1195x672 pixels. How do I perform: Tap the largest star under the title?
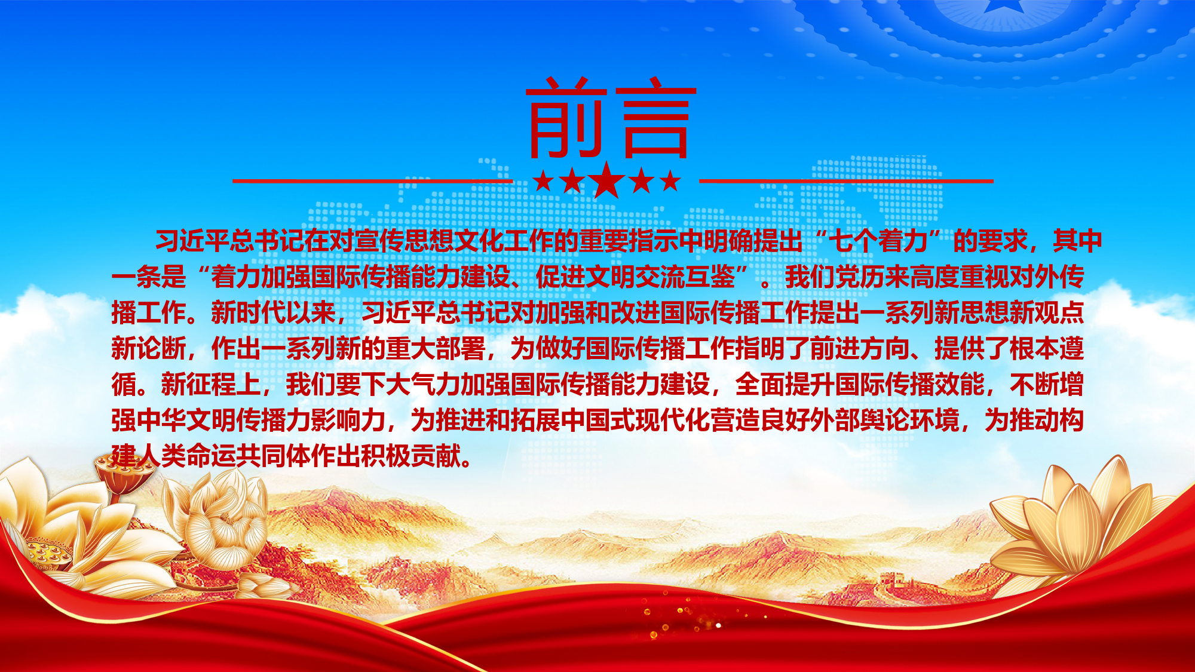click(x=606, y=180)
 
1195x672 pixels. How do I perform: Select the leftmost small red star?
click(x=543, y=180)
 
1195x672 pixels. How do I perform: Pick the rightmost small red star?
click(x=670, y=180)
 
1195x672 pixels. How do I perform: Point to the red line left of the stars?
click(x=372, y=180)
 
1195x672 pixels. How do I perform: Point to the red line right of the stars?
click(x=846, y=180)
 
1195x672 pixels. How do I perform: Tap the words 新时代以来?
click(x=274, y=312)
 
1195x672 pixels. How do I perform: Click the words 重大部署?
click(x=435, y=349)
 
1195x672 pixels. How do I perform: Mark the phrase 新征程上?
click(x=211, y=385)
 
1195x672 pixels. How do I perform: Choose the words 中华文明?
click(x=186, y=421)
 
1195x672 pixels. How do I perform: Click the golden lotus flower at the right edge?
click(x=1081, y=526)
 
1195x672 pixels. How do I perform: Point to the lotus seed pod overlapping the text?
click(x=125, y=475)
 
